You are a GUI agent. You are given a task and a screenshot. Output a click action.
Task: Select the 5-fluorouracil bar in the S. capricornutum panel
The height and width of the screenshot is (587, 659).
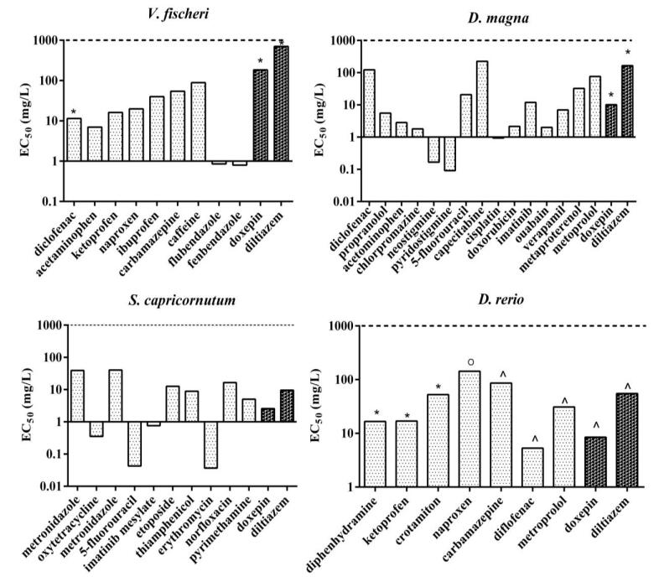point(134,444)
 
